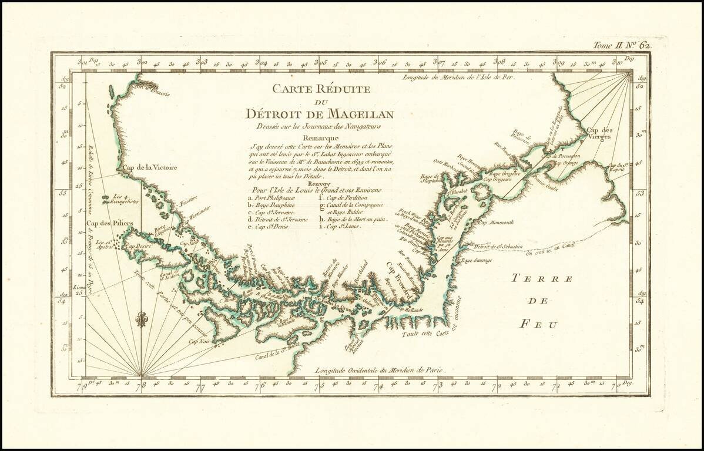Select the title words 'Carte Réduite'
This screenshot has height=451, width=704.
320,89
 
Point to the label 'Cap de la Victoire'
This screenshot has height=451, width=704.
150,168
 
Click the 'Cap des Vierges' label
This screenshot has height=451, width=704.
598,133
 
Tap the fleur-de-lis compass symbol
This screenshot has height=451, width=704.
141,319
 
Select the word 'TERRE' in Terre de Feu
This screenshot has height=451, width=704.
541,278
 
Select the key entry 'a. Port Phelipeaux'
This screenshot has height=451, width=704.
272,198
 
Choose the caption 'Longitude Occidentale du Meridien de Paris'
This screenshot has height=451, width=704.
380,371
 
